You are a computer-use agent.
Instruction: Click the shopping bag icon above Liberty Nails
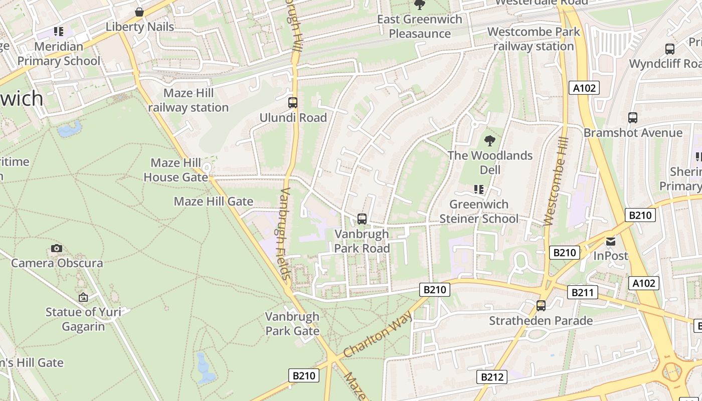139,12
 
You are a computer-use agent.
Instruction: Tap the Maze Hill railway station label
189,100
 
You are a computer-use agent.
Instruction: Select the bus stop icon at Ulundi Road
293,103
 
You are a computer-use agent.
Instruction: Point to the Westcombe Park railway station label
534,39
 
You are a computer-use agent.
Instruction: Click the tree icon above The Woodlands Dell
490,141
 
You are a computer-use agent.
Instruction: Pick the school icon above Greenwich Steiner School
479,189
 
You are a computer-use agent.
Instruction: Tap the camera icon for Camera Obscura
57,249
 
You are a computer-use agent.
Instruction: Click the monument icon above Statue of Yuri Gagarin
83,297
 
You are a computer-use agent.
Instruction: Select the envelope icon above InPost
610,242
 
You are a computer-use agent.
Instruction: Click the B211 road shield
582,292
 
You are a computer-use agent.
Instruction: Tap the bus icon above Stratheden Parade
541,305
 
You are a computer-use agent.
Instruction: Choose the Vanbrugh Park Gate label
292,324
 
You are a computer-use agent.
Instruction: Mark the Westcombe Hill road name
555,188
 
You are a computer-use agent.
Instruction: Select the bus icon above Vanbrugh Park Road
362,219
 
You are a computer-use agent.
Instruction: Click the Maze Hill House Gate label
175,170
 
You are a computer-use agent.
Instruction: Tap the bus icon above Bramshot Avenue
633,118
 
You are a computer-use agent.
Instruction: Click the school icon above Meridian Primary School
59,32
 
